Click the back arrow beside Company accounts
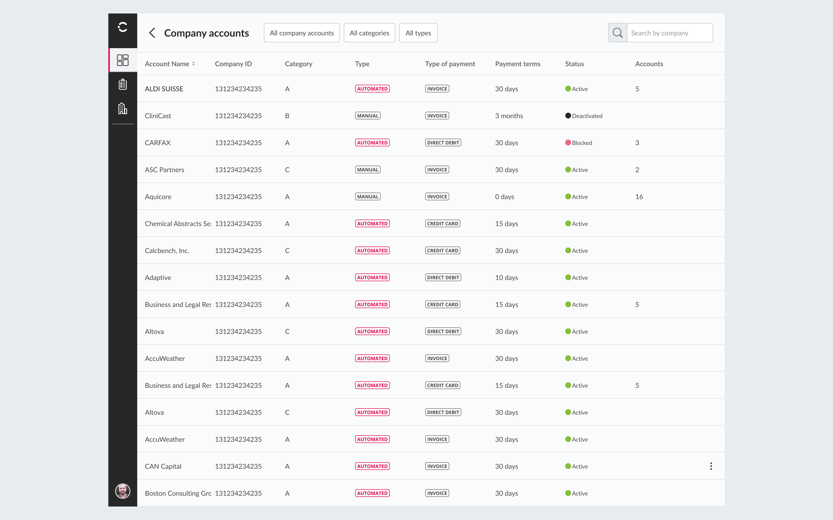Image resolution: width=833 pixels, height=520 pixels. coord(152,33)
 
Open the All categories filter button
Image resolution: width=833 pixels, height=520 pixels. coord(369,33)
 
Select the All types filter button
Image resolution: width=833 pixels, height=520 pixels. coord(418,33)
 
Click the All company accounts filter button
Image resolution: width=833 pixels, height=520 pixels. coord(302,33)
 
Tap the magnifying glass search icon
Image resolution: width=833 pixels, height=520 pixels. coord(618,33)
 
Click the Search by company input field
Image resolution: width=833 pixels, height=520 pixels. coord(670,33)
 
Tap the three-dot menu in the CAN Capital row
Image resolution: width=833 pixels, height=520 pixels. coord(711,466)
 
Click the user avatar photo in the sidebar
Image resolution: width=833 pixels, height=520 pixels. coord(123,491)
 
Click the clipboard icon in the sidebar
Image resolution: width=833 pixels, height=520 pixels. coord(123,84)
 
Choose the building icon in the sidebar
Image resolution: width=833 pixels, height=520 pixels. coord(123,108)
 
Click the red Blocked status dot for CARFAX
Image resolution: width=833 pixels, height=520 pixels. coord(568,142)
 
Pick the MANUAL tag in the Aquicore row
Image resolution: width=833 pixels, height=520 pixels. coord(368,197)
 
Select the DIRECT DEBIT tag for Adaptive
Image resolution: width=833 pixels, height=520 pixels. coord(443,278)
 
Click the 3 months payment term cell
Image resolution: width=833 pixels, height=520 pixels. coord(509,116)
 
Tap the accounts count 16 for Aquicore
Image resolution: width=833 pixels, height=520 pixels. coord(639,197)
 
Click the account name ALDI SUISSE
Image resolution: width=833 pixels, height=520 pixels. coord(164,89)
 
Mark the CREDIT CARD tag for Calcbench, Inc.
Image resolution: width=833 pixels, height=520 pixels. coord(443,251)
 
